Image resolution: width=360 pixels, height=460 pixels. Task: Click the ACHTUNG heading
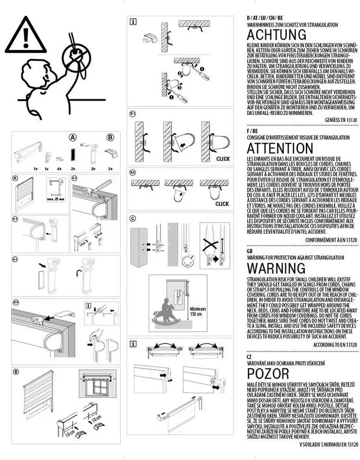point(276,35)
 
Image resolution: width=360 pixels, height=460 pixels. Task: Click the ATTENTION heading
point(280,149)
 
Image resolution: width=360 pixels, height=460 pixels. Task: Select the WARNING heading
point(276,268)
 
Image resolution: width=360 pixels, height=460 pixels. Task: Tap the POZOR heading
point(268,373)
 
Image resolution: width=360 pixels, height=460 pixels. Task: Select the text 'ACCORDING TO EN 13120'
point(335,345)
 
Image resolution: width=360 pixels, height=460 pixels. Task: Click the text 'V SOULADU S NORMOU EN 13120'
point(329,445)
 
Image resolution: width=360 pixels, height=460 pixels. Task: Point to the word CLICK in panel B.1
point(222,159)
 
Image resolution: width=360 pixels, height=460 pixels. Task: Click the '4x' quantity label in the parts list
point(59,169)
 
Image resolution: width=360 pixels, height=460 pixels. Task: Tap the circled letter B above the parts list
point(110,137)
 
